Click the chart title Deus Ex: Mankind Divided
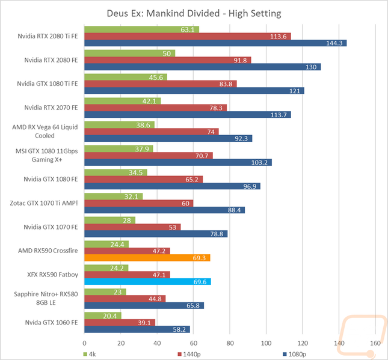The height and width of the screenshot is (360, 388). [x=194, y=13]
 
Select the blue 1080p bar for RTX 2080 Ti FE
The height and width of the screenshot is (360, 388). [x=215, y=43]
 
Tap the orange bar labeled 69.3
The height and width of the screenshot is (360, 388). [x=147, y=258]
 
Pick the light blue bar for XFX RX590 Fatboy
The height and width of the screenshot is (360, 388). [x=148, y=281]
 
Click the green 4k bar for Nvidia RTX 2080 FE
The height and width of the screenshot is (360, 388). [x=130, y=53]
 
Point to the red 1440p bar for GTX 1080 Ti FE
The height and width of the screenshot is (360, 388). [x=161, y=84]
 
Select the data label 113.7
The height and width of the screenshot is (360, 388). [x=280, y=115]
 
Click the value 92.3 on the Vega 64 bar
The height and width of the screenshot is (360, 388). [x=241, y=138]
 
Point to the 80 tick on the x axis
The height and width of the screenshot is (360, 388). [x=230, y=343]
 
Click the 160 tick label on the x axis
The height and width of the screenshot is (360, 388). [x=375, y=343]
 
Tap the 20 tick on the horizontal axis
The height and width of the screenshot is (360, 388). [x=121, y=343]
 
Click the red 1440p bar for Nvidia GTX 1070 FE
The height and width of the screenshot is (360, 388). [x=133, y=227]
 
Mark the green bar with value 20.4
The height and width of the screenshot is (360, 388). [x=103, y=316]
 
